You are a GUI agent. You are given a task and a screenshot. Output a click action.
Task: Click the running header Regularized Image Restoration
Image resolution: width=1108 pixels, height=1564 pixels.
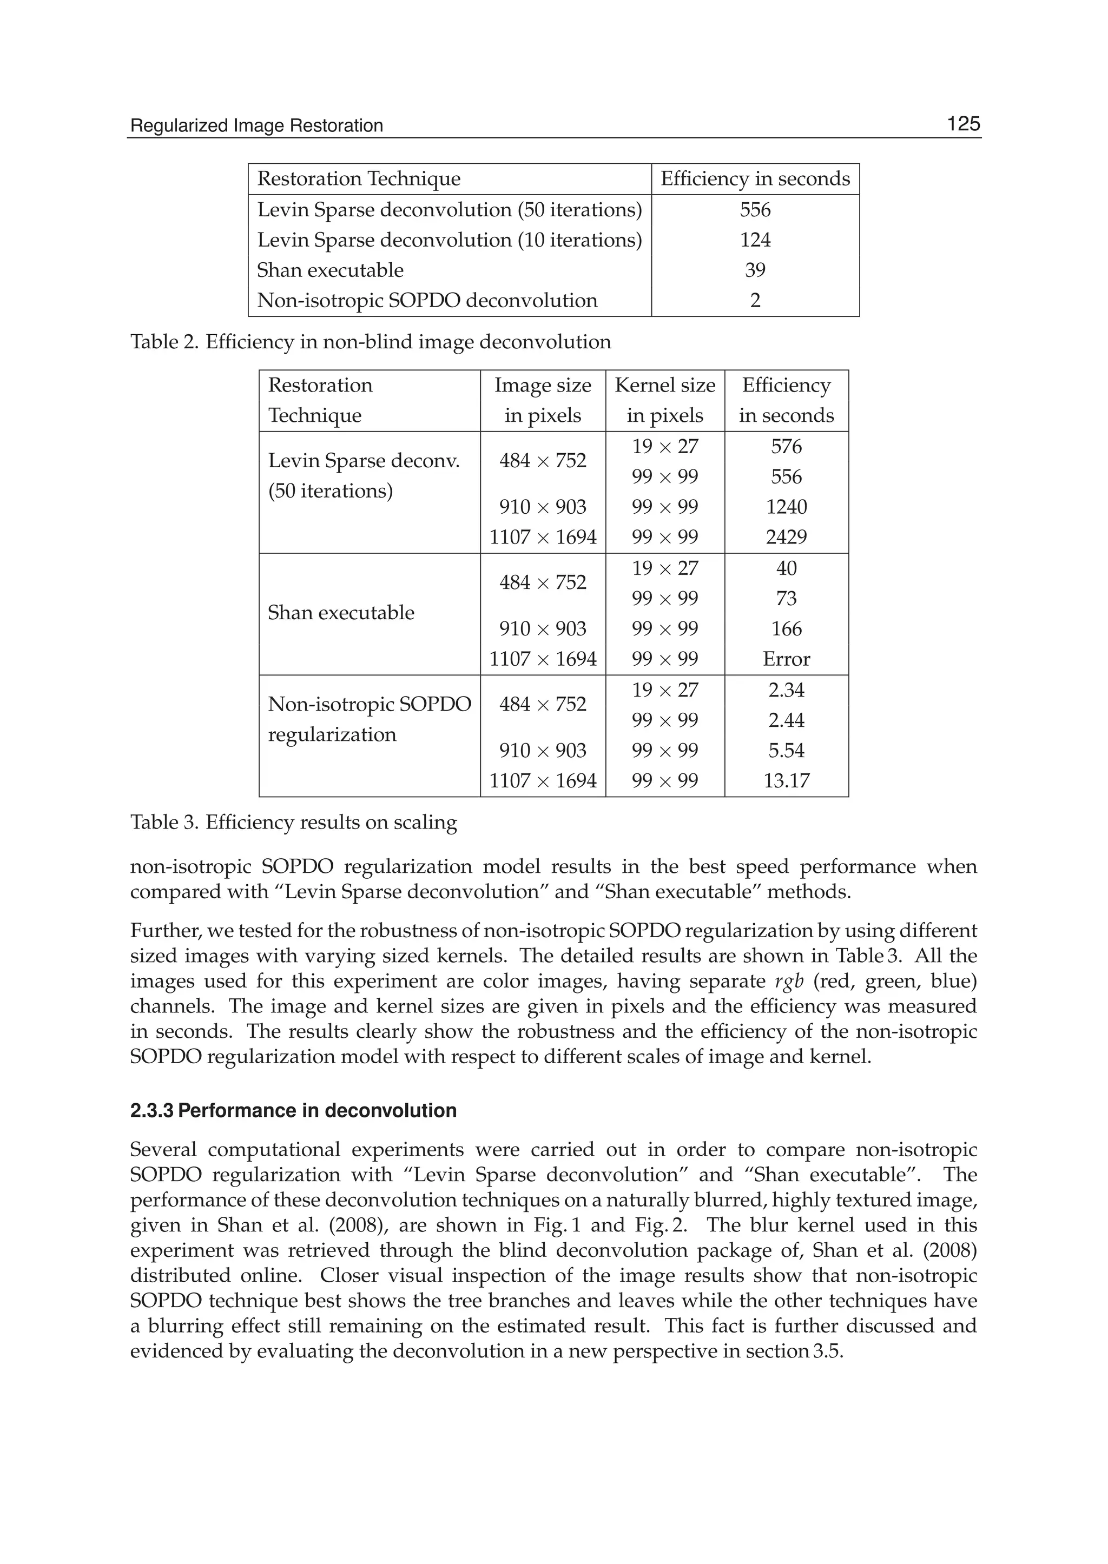click(256, 126)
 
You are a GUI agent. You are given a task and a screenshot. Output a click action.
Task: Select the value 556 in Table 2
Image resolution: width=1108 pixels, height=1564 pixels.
click(755, 209)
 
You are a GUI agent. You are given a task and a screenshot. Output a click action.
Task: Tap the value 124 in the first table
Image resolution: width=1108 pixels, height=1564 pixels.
click(755, 240)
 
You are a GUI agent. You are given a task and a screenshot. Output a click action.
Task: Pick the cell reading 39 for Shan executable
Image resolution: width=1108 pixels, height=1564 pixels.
click(755, 270)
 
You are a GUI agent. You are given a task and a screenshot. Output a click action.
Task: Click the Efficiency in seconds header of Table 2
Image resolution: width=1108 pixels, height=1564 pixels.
click(755, 178)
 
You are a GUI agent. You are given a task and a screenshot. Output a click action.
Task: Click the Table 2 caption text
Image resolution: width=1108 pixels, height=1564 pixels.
click(371, 342)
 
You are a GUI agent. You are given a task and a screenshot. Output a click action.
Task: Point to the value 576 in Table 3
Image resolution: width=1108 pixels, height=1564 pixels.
click(786, 447)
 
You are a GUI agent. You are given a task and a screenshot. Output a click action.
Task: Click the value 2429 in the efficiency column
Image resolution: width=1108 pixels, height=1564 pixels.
click(786, 537)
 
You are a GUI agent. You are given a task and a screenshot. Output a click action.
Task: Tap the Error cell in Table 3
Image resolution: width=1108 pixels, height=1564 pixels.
click(786, 659)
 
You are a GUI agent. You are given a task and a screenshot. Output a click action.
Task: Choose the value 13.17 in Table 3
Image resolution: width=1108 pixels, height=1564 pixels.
click(786, 780)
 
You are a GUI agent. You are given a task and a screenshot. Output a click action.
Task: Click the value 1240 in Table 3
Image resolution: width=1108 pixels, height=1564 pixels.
click(786, 507)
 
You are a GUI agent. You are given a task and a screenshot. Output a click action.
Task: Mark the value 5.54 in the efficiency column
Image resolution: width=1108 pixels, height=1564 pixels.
click(786, 750)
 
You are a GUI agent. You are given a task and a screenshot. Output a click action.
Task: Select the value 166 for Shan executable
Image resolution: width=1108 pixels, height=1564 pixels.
click(786, 629)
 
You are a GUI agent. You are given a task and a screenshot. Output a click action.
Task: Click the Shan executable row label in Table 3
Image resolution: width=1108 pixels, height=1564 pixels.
click(340, 613)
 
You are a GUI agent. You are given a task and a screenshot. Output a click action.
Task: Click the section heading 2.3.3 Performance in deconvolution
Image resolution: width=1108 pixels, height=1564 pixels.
click(293, 1110)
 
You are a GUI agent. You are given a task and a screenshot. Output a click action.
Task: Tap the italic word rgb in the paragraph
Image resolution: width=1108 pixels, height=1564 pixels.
click(789, 982)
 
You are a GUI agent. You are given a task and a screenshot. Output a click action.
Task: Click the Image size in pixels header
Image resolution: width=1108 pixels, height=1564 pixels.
click(543, 400)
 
